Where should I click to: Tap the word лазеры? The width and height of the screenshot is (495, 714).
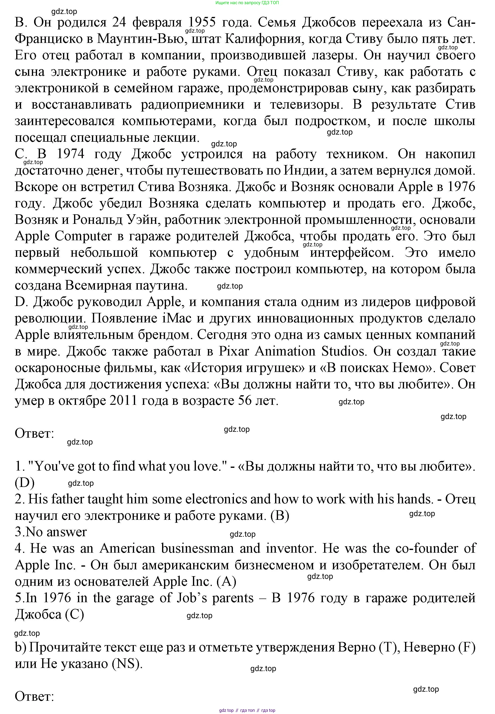[333, 55]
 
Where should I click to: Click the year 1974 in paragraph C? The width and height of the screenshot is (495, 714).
[70, 154]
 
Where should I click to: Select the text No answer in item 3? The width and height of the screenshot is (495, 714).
[56, 532]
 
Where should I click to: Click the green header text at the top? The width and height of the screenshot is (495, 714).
[247, 3]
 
